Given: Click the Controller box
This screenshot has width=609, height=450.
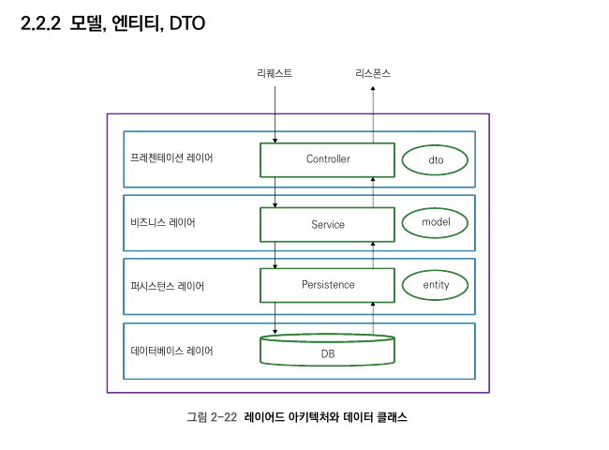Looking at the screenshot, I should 327,159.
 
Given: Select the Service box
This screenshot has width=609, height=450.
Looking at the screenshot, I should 327,224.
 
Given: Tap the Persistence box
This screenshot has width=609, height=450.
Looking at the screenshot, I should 327,284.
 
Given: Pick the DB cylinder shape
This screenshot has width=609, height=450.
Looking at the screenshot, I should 327,352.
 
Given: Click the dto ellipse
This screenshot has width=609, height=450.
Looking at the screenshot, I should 435,160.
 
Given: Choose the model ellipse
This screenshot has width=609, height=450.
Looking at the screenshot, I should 435,222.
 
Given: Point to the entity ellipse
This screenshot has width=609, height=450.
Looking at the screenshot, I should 435,284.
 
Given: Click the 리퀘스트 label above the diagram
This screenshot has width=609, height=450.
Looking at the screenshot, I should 275,73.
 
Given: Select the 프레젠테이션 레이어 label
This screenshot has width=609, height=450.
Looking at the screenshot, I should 171,157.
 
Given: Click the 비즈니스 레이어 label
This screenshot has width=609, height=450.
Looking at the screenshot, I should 163,223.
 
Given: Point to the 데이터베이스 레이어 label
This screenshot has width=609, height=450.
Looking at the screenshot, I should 171,351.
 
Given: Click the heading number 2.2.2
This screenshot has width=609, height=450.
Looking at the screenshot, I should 41,24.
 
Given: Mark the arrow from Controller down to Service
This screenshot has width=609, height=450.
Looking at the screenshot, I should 275,191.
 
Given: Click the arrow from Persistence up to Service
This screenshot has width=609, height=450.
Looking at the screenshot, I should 374,253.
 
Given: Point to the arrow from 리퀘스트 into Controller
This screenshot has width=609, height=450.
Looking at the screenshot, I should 275,112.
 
